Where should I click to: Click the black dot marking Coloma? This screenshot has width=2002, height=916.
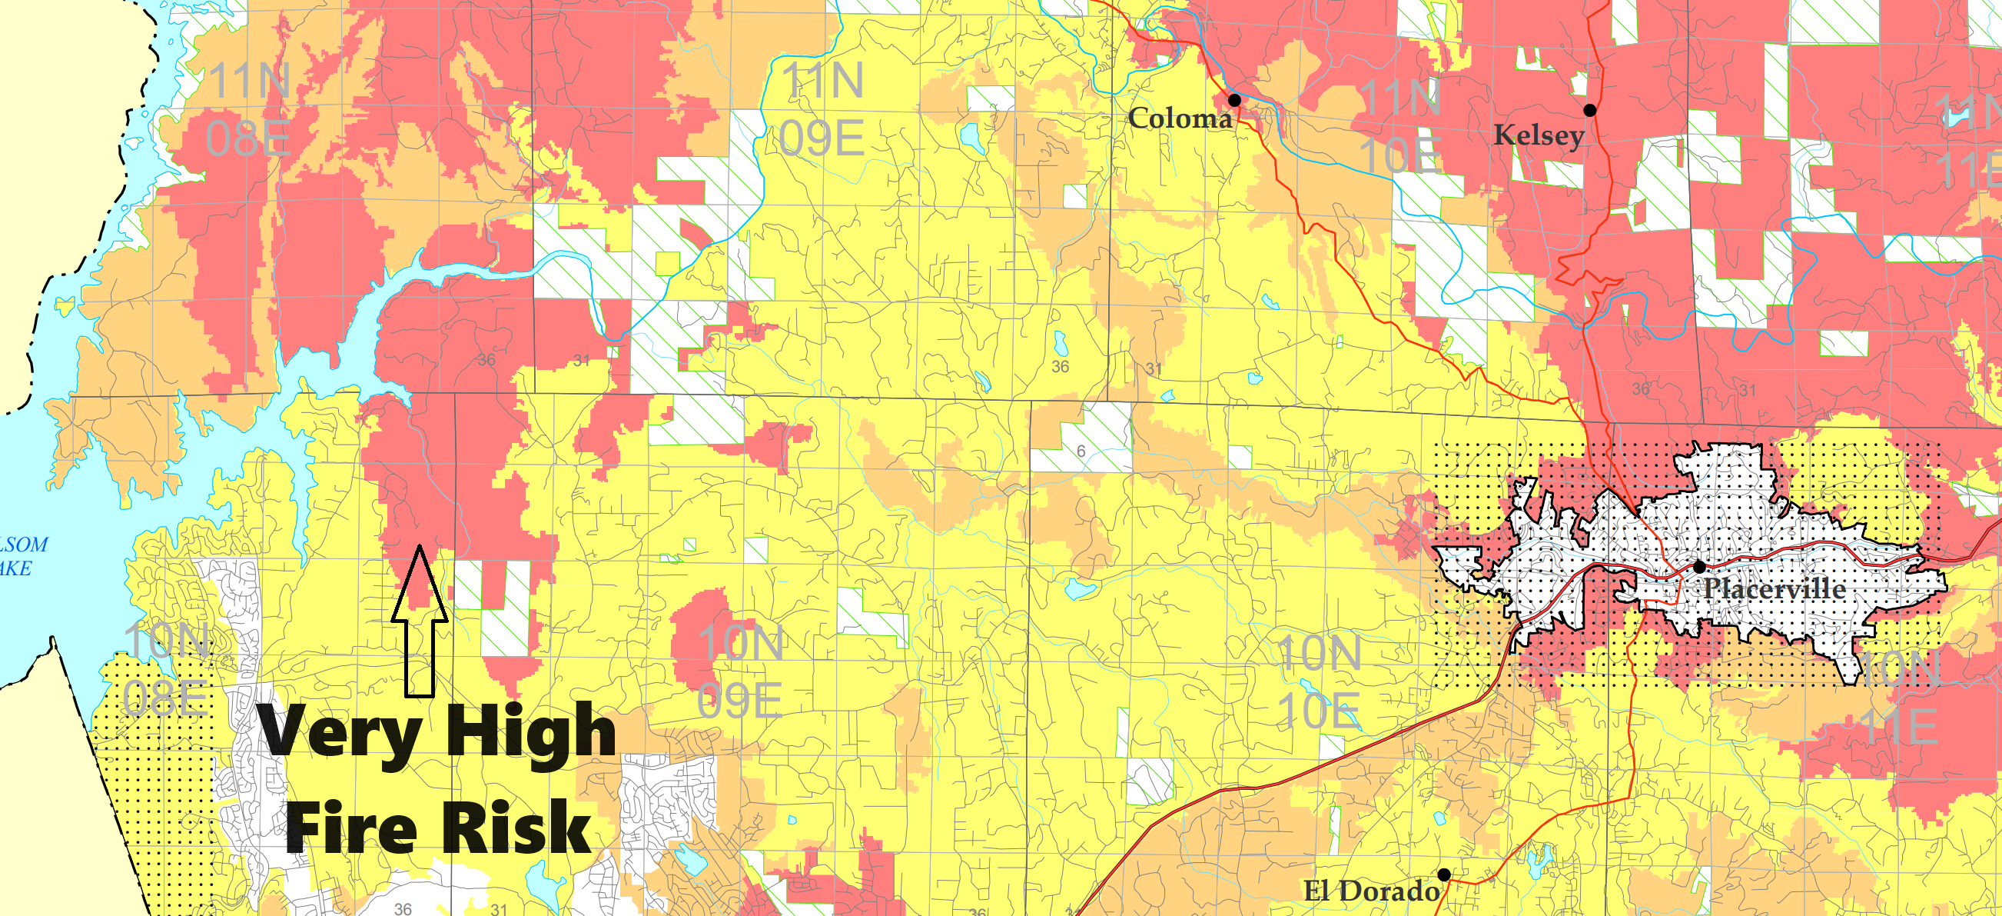tap(1234, 100)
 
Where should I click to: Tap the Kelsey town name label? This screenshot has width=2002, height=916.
tap(1539, 135)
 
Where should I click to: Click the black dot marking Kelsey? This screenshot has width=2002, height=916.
tap(1590, 111)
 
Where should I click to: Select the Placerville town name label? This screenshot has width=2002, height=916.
tap(1774, 588)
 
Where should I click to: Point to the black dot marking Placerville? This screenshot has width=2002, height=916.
tap(1700, 566)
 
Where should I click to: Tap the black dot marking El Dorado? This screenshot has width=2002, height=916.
tap(1444, 874)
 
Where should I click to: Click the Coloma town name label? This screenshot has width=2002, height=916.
tap(1180, 119)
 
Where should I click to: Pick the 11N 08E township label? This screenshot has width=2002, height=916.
tap(249, 110)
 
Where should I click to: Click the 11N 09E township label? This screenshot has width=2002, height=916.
tap(822, 110)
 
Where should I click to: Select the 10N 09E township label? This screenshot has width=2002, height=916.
tap(740, 672)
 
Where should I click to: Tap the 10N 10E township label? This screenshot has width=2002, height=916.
tap(1319, 681)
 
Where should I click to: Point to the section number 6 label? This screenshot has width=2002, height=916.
tap(1081, 451)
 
